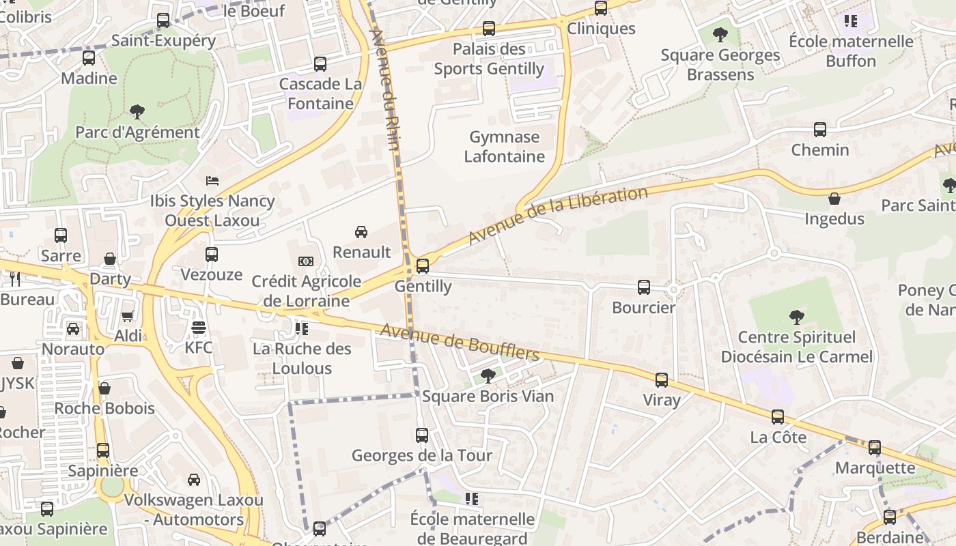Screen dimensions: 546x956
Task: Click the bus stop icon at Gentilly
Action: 423,266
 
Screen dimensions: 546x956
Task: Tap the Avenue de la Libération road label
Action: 559,215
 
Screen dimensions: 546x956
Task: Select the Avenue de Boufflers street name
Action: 460,342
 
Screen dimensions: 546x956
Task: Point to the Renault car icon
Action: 361,232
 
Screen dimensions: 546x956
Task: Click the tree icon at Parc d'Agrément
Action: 137,111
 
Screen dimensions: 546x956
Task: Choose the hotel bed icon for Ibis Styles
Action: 212,181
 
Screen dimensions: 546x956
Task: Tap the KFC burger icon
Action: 199,328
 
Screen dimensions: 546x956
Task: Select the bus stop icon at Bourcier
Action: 644,287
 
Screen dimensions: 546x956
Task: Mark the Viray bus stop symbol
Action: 662,380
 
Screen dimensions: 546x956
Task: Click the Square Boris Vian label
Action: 488,396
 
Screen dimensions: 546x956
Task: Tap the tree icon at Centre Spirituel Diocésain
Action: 796,317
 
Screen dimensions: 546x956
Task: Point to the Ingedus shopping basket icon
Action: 834,199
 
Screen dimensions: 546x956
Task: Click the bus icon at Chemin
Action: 820,130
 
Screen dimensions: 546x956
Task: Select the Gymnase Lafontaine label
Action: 505,147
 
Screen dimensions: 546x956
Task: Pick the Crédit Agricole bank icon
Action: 306,261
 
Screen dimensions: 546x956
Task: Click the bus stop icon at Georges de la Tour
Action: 422,435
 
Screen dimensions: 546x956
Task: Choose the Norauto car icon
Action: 73,329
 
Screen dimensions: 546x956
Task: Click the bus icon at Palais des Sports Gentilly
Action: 489,29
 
